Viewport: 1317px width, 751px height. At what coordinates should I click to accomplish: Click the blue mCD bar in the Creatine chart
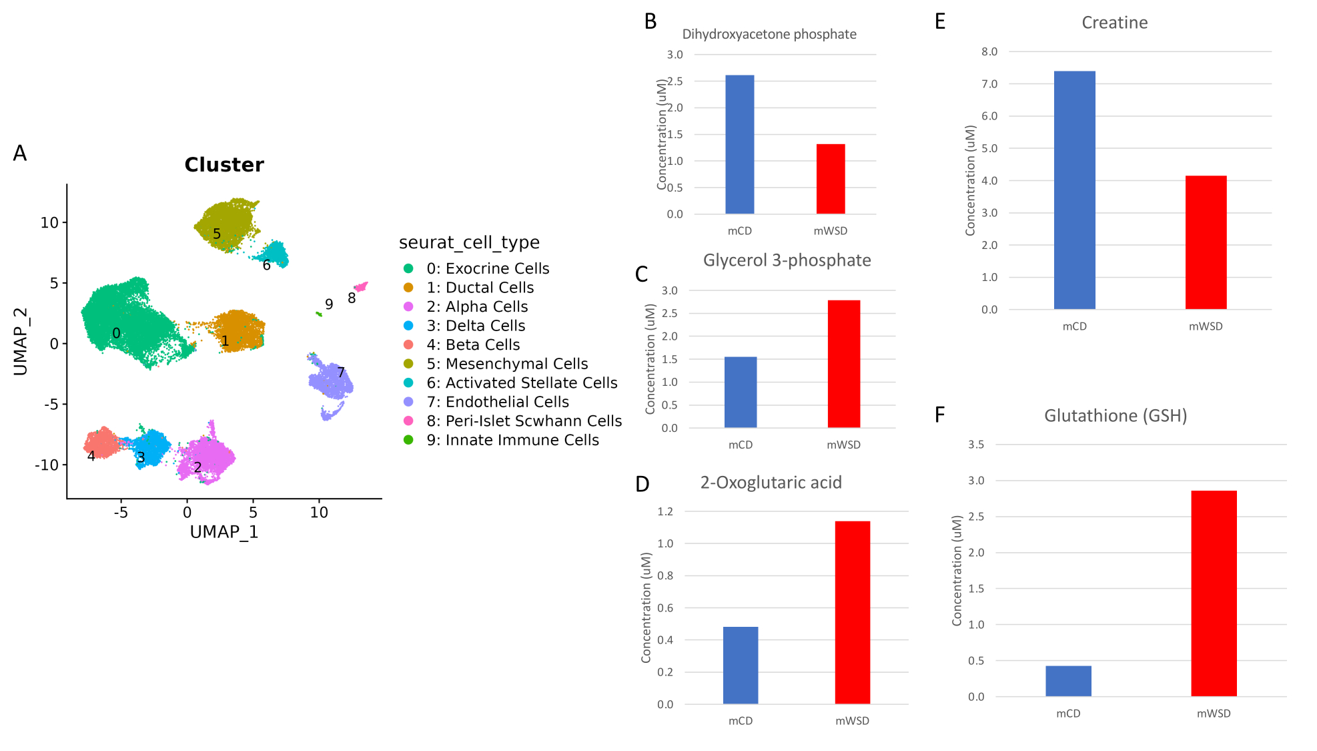coord(1074,190)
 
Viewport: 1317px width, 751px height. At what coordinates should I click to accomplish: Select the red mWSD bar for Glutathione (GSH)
coord(1214,593)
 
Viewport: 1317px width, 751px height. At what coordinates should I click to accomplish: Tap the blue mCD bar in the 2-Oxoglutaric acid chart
coord(741,665)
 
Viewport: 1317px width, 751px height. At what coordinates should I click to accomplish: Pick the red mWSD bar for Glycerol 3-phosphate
coord(844,364)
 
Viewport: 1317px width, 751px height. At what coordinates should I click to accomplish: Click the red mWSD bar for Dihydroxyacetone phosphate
coord(831,179)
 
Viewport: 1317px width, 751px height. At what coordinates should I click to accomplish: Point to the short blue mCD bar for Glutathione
coord(1068,681)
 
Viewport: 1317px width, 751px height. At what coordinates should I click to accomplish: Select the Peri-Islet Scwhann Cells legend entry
coord(512,421)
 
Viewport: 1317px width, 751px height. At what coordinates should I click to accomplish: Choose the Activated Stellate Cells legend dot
coord(408,383)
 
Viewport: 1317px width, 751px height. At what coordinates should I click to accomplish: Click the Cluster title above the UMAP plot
coord(224,165)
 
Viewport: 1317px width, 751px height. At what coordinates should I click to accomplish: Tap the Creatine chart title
coord(1114,23)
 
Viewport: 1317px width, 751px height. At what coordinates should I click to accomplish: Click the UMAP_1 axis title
coord(224,532)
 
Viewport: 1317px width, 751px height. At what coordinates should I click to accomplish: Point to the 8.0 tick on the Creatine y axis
coord(989,51)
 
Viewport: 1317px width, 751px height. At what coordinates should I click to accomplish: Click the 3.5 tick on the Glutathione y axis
coord(976,445)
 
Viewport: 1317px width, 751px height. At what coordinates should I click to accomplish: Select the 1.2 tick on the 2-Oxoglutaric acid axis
coord(665,511)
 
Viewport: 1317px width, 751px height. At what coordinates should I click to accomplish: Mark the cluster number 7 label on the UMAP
coord(341,372)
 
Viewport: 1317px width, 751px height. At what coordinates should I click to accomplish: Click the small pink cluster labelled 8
coord(361,286)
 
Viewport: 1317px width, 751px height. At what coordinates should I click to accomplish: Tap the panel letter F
coord(939,415)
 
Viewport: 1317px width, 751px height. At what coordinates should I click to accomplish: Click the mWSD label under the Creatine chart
coord(1206,326)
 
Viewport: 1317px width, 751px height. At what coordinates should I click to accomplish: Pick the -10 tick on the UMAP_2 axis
coord(47,465)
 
